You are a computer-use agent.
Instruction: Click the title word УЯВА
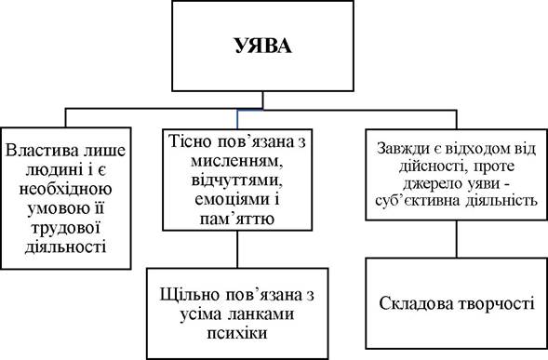point(262,46)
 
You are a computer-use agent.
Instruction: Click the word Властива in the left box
point(38,151)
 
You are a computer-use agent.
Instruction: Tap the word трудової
point(66,229)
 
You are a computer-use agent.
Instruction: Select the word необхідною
point(66,189)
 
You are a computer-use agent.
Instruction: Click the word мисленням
point(237,161)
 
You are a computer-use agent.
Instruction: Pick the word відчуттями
point(237,181)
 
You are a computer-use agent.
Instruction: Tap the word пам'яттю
point(237,220)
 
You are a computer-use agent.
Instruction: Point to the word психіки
point(237,333)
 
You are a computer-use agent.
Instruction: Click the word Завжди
point(404,149)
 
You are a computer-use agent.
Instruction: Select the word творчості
point(495,304)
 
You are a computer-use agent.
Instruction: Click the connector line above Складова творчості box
point(456,239)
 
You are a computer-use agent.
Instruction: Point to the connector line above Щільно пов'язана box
point(237,249)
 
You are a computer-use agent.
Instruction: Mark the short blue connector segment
point(237,119)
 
